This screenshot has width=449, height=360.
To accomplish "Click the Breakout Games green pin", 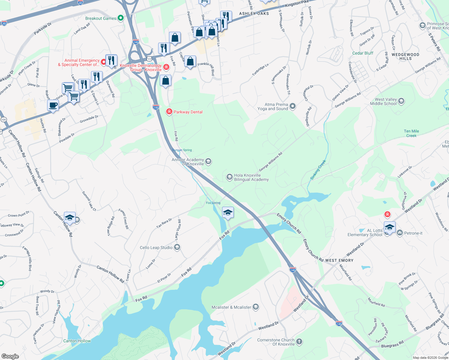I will tap(121, 18).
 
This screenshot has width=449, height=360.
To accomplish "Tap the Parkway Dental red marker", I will tap(169, 112).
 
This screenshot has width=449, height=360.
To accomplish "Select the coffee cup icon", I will tap(53, 105).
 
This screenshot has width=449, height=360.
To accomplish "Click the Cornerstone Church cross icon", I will tap(299, 341).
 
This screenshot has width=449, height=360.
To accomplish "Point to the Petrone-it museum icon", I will tap(399, 233).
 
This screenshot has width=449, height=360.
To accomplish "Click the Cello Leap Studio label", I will tap(156, 247).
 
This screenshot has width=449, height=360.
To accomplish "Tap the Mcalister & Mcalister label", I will tap(231, 307).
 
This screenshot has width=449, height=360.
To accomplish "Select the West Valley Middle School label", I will tap(383, 101).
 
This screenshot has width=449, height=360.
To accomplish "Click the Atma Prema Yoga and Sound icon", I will tap(293, 106).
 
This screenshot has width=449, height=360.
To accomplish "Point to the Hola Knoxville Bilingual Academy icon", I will tap(230, 177).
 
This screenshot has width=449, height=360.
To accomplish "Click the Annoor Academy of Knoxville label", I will tap(188, 162).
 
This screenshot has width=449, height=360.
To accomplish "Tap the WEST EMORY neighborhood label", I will tap(339, 260).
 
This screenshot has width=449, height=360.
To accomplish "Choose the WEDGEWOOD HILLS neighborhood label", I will tap(405, 56).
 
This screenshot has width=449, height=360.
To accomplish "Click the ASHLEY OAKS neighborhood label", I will tap(254, 13).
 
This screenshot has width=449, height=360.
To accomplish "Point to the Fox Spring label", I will tap(213, 203).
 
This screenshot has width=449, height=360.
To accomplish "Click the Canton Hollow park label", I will tap(77, 341).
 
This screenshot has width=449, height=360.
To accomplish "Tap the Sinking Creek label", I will tap(318, 170).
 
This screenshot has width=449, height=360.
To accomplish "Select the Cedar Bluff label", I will tap(363, 53).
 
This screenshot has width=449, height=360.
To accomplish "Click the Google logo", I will tap(10, 356).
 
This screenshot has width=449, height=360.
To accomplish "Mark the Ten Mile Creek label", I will tap(411, 133).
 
